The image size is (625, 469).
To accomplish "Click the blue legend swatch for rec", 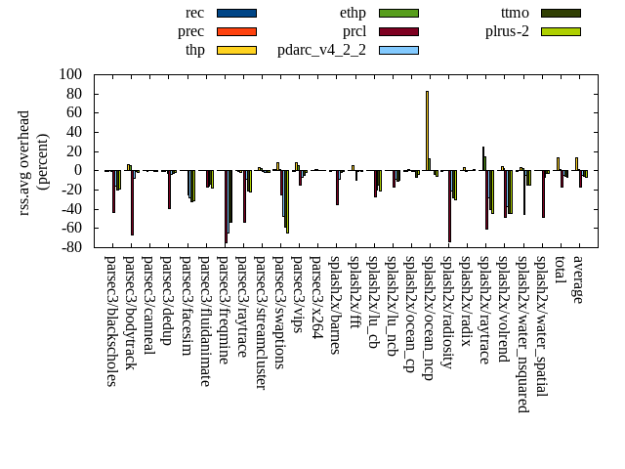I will pos(236,13).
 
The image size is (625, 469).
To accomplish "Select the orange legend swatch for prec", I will pos(236,31).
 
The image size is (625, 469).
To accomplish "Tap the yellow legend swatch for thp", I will pos(236,50).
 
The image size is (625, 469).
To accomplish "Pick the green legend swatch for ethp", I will pos(398,13).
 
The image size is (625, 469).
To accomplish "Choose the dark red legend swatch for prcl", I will pos(398,31).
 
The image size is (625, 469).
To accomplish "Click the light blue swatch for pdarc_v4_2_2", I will pos(398,50).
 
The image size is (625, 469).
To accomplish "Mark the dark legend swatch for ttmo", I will pos(561,13).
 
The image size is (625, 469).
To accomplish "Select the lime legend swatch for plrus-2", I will pos(561,31).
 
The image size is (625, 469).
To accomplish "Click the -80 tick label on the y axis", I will pos(70,247).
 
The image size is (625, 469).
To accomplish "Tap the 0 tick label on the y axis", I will pos(79,170).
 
